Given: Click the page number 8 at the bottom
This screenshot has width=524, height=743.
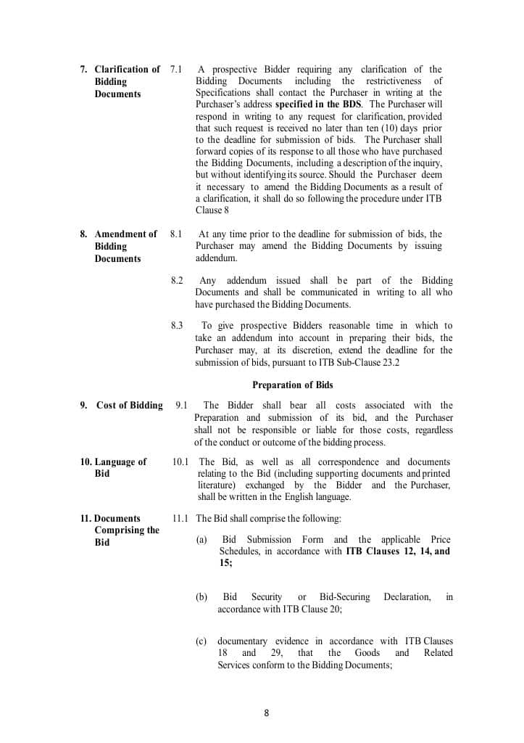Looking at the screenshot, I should [x=266, y=713].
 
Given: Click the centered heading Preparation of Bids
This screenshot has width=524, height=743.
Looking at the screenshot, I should [x=292, y=385].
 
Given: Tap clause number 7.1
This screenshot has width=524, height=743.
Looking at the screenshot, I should [x=176, y=70].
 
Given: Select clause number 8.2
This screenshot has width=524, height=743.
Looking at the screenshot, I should [x=177, y=281].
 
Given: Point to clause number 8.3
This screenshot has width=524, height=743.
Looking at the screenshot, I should [x=177, y=327].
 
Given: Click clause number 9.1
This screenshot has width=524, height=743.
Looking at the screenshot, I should [x=181, y=406].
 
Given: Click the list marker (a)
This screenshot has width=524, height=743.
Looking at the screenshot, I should [x=201, y=540].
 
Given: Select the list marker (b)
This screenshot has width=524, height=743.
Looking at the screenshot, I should [x=201, y=597].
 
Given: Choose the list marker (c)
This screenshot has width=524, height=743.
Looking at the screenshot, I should [x=201, y=641].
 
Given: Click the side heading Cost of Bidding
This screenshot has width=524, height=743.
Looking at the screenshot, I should [x=129, y=406].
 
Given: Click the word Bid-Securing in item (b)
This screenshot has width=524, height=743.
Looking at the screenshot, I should [x=344, y=597].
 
